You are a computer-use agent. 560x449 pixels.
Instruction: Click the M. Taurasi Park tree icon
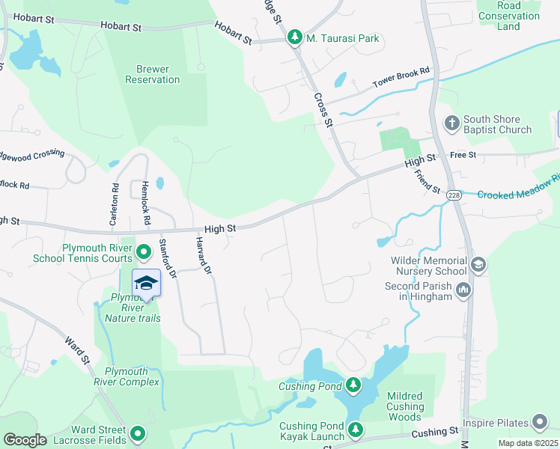295,37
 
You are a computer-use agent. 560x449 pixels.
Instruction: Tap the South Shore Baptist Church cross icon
451,123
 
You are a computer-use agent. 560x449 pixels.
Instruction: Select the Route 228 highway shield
454,195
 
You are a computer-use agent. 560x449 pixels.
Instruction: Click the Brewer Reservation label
157,74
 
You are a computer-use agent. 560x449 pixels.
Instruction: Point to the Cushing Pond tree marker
353,386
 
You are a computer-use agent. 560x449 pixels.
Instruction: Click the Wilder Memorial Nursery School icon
478,264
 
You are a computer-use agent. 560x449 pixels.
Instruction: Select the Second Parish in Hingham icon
463,290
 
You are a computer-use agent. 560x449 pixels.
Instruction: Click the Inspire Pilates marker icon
539,423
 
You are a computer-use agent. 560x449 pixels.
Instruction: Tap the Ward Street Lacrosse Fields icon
137,433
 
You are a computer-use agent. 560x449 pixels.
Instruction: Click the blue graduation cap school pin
147,283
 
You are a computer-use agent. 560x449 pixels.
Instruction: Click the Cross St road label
323,110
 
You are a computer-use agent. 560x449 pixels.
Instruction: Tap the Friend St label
427,182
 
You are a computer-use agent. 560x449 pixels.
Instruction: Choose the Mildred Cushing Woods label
405,406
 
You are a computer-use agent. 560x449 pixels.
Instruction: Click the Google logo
25,439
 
